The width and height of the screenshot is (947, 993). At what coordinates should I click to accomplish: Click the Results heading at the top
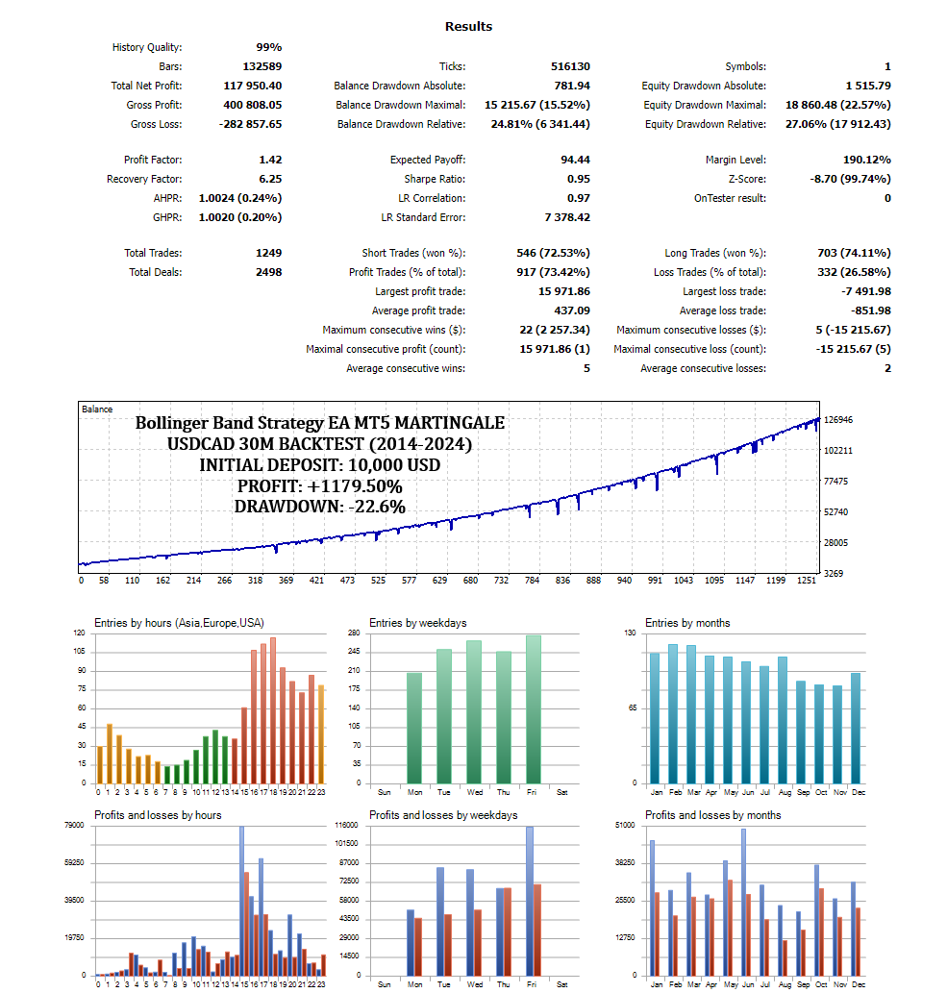469,26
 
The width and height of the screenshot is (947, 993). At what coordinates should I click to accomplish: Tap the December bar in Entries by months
856,728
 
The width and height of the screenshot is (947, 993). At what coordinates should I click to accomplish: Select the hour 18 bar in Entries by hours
273,710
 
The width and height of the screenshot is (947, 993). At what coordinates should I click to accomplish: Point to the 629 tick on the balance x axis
440,581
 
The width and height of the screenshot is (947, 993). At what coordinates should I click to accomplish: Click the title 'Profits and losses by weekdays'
443,815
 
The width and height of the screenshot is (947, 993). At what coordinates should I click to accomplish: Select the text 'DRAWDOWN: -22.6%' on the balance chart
319,507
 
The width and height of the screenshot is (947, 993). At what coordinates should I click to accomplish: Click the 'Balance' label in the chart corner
97,409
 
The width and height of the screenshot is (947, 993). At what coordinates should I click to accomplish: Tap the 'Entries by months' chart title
687,623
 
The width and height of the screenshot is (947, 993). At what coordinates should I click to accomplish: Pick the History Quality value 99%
268,47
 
